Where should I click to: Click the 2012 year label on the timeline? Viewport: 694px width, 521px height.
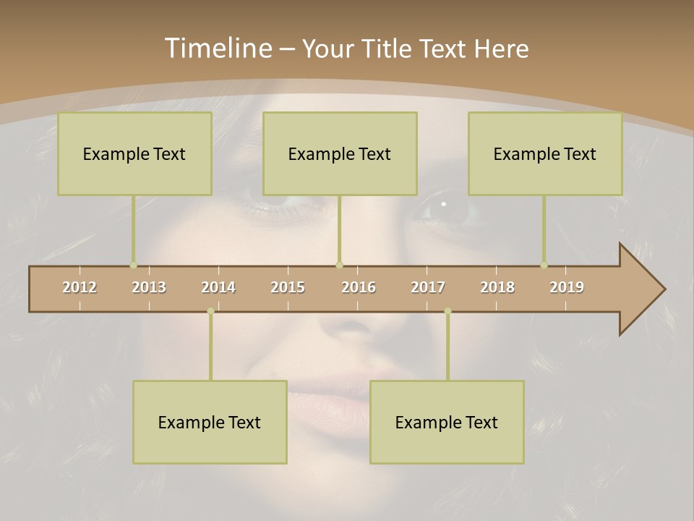(x=80, y=287)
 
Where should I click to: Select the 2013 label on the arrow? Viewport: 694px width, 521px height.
(x=149, y=287)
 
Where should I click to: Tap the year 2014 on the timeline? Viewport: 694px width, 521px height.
(x=218, y=287)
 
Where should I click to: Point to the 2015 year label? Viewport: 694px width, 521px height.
(x=288, y=287)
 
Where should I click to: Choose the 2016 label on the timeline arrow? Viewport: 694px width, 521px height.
(x=359, y=287)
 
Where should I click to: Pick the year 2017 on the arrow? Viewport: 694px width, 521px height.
(x=428, y=287)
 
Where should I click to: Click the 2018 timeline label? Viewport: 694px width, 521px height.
(x=497, y=287)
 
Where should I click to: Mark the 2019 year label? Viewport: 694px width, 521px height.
(x=567, y=287)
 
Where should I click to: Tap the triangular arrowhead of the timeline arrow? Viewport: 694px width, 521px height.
(x=641, y=289)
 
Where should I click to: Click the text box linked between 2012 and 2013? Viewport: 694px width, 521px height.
(x=134, y=153)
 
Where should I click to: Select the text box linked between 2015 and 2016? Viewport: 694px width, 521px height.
(x=340, y=153)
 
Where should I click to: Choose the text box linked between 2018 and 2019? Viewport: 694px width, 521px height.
(x=545, y=153)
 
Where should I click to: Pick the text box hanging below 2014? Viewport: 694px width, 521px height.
(x=210, y=422)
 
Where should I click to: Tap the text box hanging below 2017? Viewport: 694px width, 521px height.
(x=447, y=422)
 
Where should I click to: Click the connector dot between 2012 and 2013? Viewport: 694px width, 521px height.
(x=133, y=266)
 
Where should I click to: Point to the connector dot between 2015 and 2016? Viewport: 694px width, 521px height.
(x=339, y=266)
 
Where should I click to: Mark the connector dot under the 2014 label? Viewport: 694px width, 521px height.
(x=210, y=311)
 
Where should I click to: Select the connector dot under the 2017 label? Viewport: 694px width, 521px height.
(x=447, y=311)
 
